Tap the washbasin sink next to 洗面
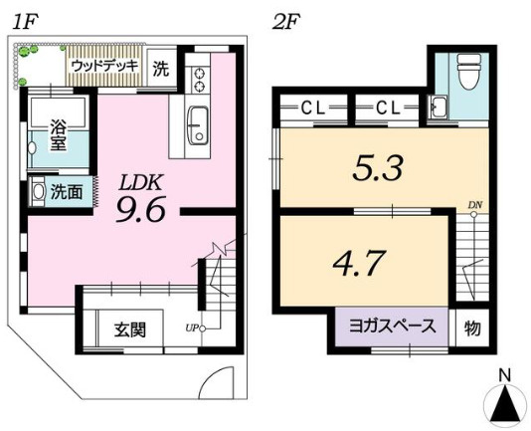(x=38, y=189)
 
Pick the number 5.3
(x=378, y=167)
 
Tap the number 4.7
(x=356, y=264)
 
